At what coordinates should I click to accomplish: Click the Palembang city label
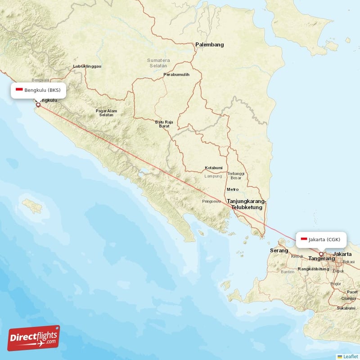pyautogui.click(x=209, y=45)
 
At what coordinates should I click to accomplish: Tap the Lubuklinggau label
pyautogui.click(x=87, y=67)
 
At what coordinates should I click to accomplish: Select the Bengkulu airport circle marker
pyautogui.click(x=38, y=105)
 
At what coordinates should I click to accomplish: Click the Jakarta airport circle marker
pyautogui.click(x=321, y=254)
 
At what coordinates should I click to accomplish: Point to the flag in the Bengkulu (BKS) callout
pyautogui.click(x=19, y=90)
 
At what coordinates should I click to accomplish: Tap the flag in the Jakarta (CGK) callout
pyautogui.click(x=304, y=239)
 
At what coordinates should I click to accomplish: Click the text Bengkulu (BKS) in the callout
pyautogui.click(x=42, y=90)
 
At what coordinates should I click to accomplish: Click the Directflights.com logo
pyautogui.click(x=33, y=338)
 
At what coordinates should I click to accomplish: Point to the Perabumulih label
pyautogui.click(x=176, y=75)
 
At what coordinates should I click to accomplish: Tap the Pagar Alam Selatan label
pyautogui.click(x=106, y=113)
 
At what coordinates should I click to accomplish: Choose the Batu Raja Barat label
pyautogui.click(x=164, y=124)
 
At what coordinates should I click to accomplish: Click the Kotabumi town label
pyautogui.click(x=214, y=168)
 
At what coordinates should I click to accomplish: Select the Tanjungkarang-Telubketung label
pyautogui.click(x=247, y=204)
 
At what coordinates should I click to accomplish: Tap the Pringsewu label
pyautogui.click(x=211, y=202)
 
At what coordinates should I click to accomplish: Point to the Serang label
pyautogui.click(x=279, y=250)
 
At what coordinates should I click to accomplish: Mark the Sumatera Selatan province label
pyautogui.click(x=157, y=63)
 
